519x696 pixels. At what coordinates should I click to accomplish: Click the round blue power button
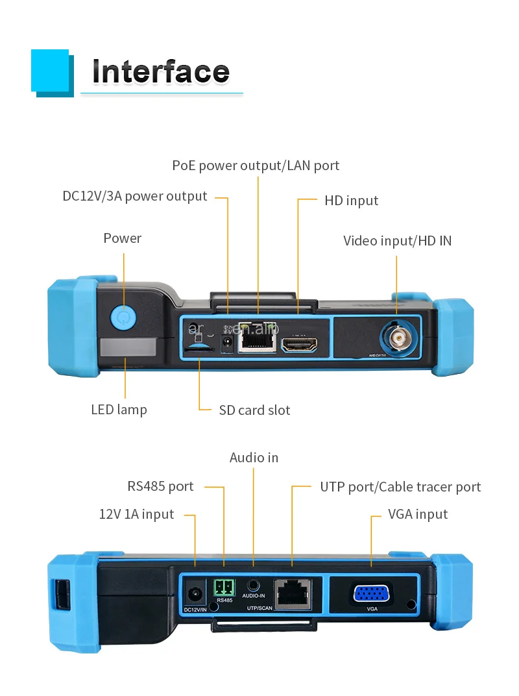[123, 317]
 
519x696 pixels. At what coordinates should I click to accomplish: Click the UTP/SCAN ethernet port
[292, 593]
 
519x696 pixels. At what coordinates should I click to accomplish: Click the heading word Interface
[161, 71]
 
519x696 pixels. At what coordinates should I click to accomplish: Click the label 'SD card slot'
[254, 410]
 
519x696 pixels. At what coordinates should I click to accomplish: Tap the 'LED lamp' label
[119, 410]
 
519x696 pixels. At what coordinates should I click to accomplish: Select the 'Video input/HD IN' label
[397, 241]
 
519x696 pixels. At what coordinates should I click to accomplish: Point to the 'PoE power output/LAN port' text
[256, 166]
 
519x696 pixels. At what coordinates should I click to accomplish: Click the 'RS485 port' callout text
[160, 486]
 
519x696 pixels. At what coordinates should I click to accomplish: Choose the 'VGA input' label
[418, 514]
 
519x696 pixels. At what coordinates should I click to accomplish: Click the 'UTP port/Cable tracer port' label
[400, 487]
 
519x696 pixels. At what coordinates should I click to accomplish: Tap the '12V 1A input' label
[136, 514]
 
